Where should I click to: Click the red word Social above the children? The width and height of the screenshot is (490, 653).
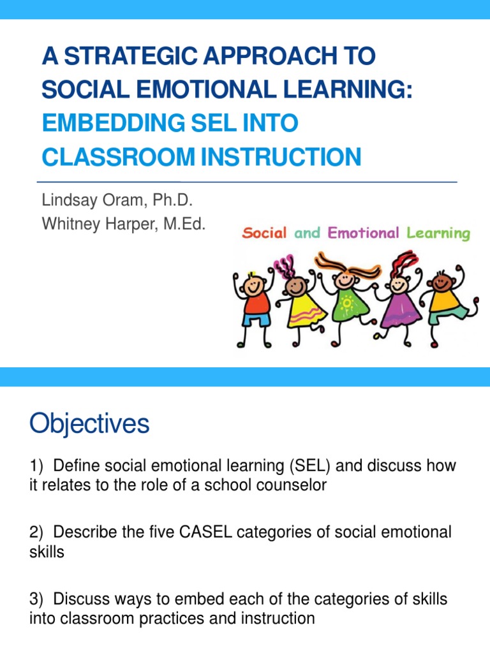(x=264, y=233)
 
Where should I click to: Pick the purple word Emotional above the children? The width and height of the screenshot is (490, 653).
(x=364, y=233)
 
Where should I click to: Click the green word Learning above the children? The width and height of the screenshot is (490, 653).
(x=438, y=233)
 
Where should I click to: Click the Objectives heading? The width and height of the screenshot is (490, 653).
(x=89, y=424)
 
